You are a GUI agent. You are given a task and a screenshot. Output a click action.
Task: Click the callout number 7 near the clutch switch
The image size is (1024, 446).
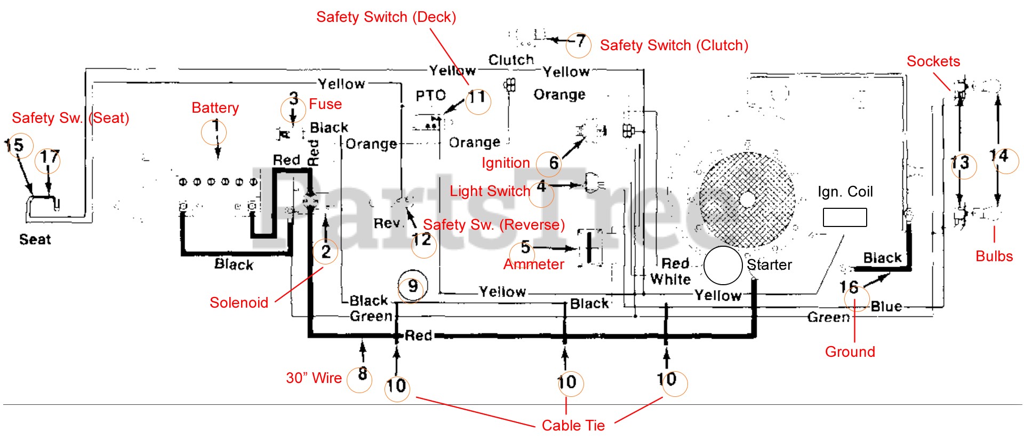(x=580, y=41)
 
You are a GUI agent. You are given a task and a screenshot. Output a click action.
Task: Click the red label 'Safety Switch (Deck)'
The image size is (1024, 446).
(x=386, y=17)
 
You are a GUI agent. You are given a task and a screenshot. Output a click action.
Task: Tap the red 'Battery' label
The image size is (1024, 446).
(x=215, y=108)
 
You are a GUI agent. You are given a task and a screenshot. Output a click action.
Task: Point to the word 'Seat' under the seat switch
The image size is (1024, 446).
(x=35, y=239)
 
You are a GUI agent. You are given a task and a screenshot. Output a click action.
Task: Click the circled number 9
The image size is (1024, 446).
(x=412, y=286)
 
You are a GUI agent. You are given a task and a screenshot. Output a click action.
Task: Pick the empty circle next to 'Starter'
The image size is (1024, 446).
(x=723, y=265)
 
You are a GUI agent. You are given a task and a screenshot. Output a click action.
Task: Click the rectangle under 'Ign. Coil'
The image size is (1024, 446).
(x=844, y=217)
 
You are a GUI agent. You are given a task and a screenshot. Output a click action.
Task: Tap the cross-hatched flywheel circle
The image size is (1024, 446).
(x=747, y=199)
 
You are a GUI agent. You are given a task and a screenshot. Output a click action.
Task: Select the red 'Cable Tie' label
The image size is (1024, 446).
(x=573, y=426)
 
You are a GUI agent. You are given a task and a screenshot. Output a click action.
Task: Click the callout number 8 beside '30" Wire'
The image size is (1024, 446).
(x=362, y=374)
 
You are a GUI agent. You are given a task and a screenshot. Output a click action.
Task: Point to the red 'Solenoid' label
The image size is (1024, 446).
(x=239, y=303)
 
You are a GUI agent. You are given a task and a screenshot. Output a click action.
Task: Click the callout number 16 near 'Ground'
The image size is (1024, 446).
(x=849, y=287)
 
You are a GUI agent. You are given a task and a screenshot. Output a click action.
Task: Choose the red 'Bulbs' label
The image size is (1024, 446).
(x=994, y=256)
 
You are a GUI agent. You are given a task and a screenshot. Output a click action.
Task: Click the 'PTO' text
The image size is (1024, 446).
(x=430, y=96)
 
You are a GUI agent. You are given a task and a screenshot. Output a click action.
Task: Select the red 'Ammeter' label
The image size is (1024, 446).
(x=533, y=264)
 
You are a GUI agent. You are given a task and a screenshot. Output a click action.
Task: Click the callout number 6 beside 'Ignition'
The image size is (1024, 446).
(x=554, y=163)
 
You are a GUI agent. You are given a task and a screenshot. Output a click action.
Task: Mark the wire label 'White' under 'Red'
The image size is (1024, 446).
(x=670, y=279)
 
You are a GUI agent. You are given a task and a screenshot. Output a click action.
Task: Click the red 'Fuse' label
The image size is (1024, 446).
(x=325, y=104)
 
